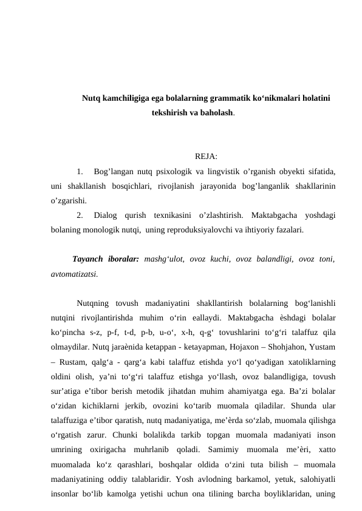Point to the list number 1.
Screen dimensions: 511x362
81,172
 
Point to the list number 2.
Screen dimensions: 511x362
81,214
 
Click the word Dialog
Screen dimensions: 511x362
106,214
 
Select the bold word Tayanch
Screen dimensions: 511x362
86,259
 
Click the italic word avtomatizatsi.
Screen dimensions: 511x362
73,274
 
